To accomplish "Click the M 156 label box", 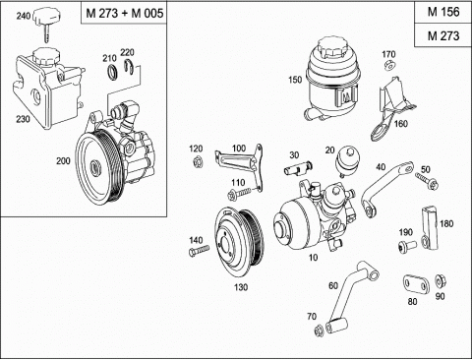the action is (443, 12).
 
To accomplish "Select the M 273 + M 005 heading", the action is (124, 13).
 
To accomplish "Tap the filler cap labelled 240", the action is (47, 23).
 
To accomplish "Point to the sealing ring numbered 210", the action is (112, 72).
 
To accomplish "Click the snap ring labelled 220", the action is (129, 67).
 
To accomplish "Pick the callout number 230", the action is (23, 119).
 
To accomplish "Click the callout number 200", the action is (63, 161).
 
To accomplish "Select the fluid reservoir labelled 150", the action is (331, 80).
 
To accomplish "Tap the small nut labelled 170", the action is (389, 66).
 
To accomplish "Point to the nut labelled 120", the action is (198, 162).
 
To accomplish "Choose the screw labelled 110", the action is (239, 193).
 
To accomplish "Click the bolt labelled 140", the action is (199, 251).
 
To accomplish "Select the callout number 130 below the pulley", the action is (241, 287).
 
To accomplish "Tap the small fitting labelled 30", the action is (297, 168).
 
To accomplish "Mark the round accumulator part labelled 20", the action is (347, 160).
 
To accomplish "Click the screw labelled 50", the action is (427, 181).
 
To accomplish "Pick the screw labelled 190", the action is (407, 246).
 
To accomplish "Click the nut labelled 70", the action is (319, 330).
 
